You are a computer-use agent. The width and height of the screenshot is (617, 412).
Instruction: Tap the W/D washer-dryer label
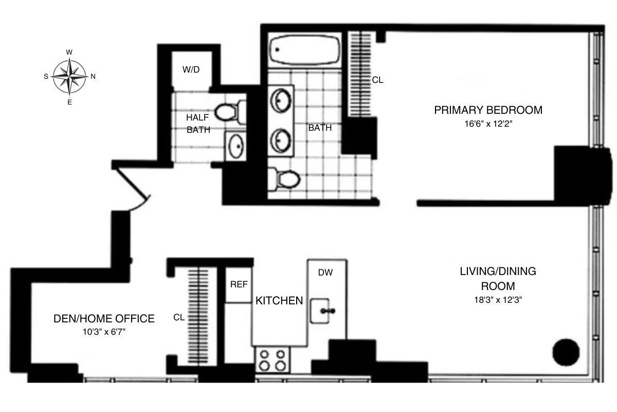[191, 70]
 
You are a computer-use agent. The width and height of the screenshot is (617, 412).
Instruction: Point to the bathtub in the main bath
[304, 50]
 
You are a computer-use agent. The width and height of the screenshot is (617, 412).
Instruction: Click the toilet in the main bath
[285, 179]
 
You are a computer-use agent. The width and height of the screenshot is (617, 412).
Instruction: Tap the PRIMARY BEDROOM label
[488, 110]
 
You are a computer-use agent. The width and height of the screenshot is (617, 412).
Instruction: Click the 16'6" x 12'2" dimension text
[488, 124]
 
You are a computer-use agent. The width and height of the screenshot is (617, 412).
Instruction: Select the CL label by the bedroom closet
[378, 80]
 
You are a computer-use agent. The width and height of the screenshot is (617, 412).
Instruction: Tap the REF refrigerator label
[239, 284]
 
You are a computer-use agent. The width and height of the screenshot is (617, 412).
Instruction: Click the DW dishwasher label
[324, 272]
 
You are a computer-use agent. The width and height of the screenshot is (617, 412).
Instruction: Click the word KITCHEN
[279, 301]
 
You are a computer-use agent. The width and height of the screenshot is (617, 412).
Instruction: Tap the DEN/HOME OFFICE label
[104, 319]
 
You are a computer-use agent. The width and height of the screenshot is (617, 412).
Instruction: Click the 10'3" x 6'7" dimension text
[104, 332]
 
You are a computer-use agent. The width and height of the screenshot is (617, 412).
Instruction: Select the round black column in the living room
[566, 353]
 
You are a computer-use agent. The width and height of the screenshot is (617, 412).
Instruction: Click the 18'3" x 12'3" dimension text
[497, 299]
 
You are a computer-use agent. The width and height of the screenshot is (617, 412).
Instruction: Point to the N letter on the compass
[93, 77]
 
